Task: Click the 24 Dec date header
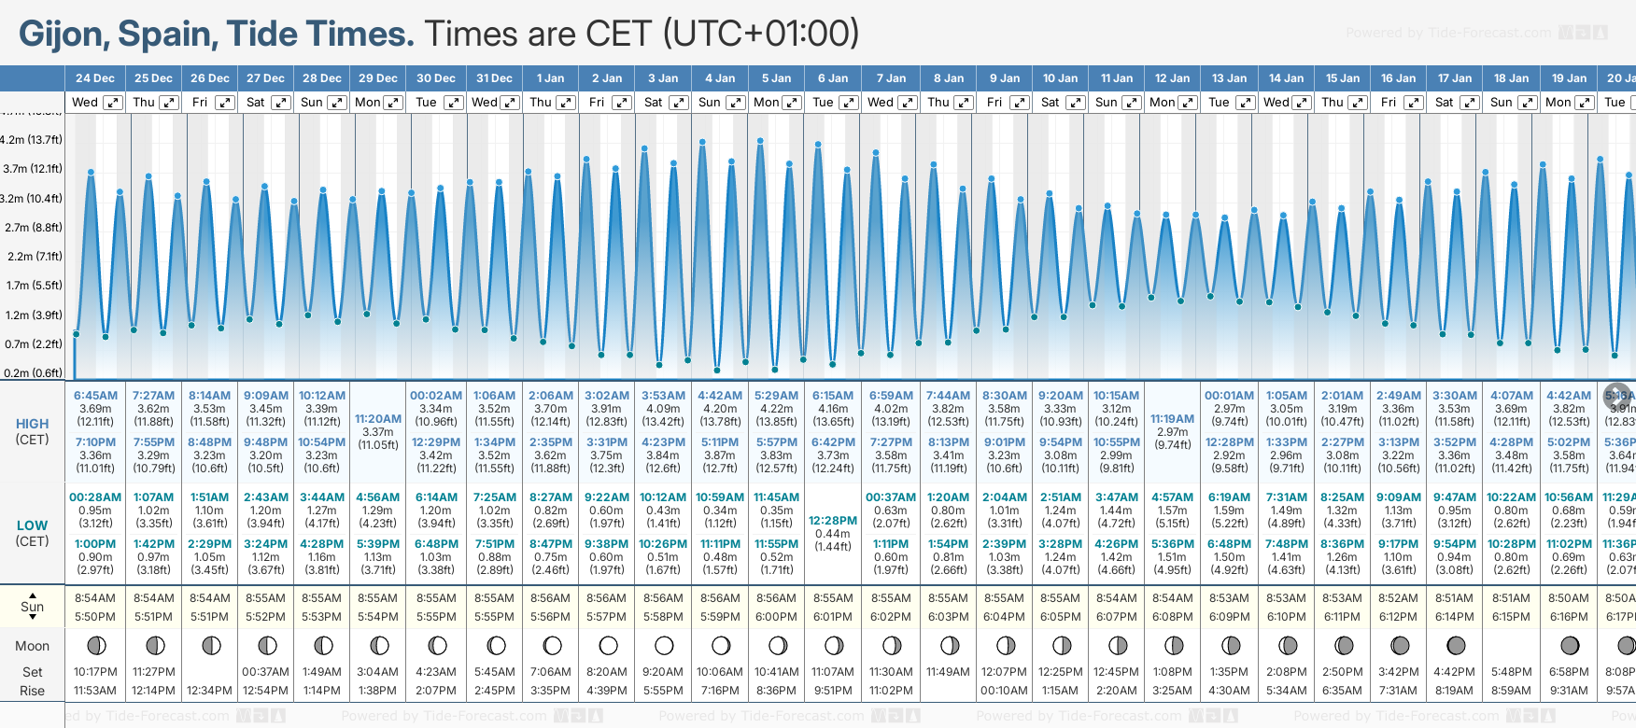coord(95,78)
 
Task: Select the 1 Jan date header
coord(550,78)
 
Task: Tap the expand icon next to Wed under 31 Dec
coord(509,103)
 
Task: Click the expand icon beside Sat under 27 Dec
coord(280,103)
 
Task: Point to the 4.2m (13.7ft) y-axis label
coord(32,140)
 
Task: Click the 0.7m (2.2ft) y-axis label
coord(34,344)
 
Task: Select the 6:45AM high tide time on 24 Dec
coord(95,396)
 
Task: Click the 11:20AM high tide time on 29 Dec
coord(378,419)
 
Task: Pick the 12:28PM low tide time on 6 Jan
coord(833,521)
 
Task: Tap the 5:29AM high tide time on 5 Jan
coord(776,396)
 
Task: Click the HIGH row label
coord(32,424)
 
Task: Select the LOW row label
coord(32,525)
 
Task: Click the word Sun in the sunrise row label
coord(32,607)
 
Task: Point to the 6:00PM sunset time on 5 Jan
coord(776,617)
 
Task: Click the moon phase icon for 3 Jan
coord(664,645)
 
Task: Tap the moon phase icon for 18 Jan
coord(1512,645)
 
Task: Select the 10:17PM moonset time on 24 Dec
coord(95,672)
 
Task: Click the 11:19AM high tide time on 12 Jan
coord(1172,419)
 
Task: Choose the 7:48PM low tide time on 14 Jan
coord(1286,544)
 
